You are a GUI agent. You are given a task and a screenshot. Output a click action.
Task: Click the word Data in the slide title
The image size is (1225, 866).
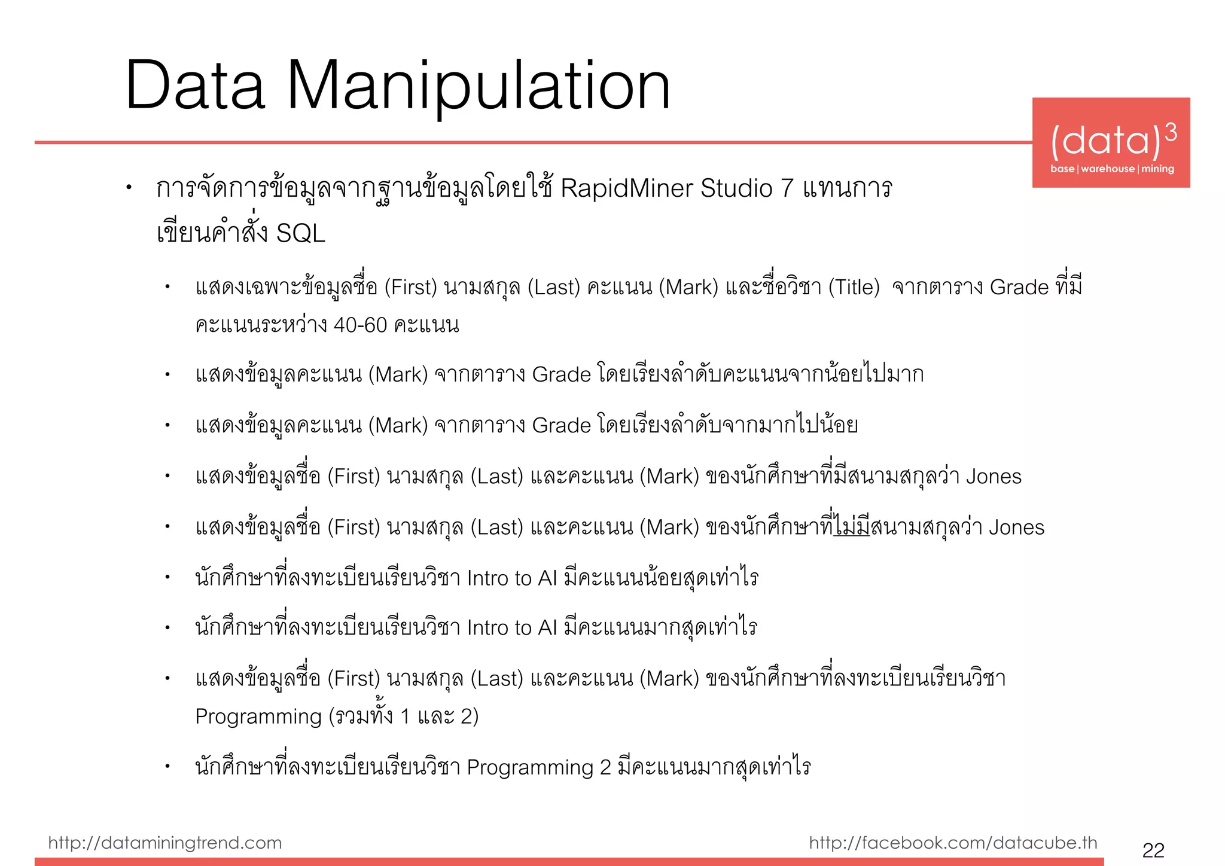click(x=195, y=87)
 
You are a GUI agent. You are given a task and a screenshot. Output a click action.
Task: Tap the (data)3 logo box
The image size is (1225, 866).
click(x=1111, y=142)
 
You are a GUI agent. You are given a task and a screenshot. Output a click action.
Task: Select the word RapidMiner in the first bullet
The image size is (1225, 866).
click(x=627, y=188)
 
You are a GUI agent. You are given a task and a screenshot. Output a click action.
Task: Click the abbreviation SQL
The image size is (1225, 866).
click(x=300, y=233)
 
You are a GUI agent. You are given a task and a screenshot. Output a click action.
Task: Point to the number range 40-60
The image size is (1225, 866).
click(x=360, y=325)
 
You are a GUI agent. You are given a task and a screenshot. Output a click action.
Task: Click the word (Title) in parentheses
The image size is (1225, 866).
click(x=854, y=288)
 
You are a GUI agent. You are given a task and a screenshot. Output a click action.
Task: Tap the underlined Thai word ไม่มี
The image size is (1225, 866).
click(x=852, y=527)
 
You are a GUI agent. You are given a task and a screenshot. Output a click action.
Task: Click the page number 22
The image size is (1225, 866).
click(x=1153, y=850)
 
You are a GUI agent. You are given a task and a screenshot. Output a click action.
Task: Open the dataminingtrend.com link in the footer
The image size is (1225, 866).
click(x=164, y=843)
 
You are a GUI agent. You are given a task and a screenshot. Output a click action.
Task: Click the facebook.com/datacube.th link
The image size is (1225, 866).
click(x=953, y=843)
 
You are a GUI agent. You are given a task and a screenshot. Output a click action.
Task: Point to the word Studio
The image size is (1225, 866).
click(x=737, y=188)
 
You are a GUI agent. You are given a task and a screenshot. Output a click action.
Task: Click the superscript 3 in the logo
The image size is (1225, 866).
click(x=1171, y=132)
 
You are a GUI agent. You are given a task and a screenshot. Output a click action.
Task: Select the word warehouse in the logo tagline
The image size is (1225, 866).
click(x=1107, y=169)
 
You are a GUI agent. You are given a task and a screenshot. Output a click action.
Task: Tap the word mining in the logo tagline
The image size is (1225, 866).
click(x=1157, y=169)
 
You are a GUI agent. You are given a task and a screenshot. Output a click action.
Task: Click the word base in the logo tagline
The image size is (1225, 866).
click(x=1062, y=169)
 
